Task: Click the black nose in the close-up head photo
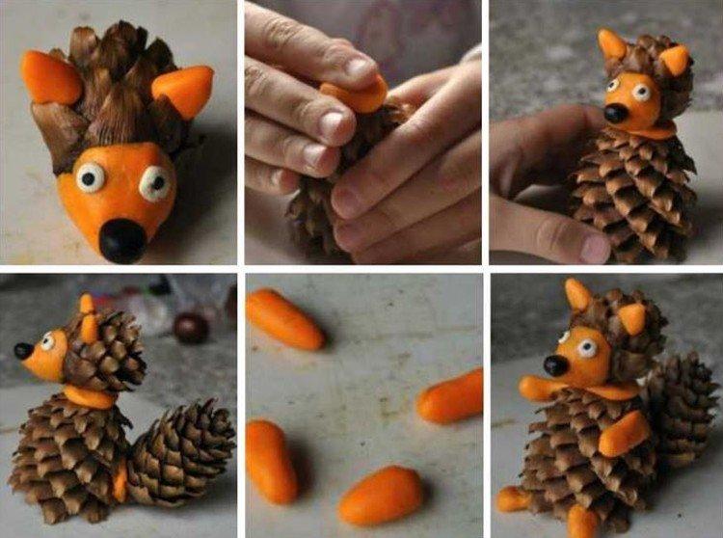point(121,239)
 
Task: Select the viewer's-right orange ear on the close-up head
point(184,92)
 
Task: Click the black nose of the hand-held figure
point(615,113)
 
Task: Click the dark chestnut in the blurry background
point(191,327)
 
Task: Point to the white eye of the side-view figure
point(46,341)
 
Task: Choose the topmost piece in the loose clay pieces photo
point(284,319)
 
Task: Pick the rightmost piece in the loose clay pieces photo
point(451,396)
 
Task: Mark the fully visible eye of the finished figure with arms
point(584,347)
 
